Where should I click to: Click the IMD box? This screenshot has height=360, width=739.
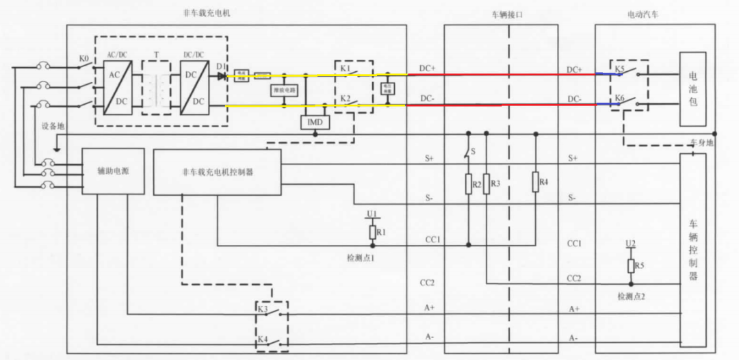tap(315, 123)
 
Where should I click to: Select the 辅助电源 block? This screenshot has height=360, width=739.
tap(113, 171)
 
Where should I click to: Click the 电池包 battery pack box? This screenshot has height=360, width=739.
tap(692, 89)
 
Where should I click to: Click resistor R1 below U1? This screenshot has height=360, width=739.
tap(372, 232)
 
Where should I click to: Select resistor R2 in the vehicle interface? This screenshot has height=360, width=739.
tap(469, 184)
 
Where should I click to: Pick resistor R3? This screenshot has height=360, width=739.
tap(487, 184)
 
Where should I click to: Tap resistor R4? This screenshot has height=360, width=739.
tap(535, 182)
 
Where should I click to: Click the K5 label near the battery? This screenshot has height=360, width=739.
tap(619, 70)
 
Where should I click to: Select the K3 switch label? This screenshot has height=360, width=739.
tap(263, 309)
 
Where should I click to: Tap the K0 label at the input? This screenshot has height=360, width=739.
tap(84, 60)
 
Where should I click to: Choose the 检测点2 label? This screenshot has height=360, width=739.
tap(630, 296)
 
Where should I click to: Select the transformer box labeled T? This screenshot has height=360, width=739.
tap(156, 87)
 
